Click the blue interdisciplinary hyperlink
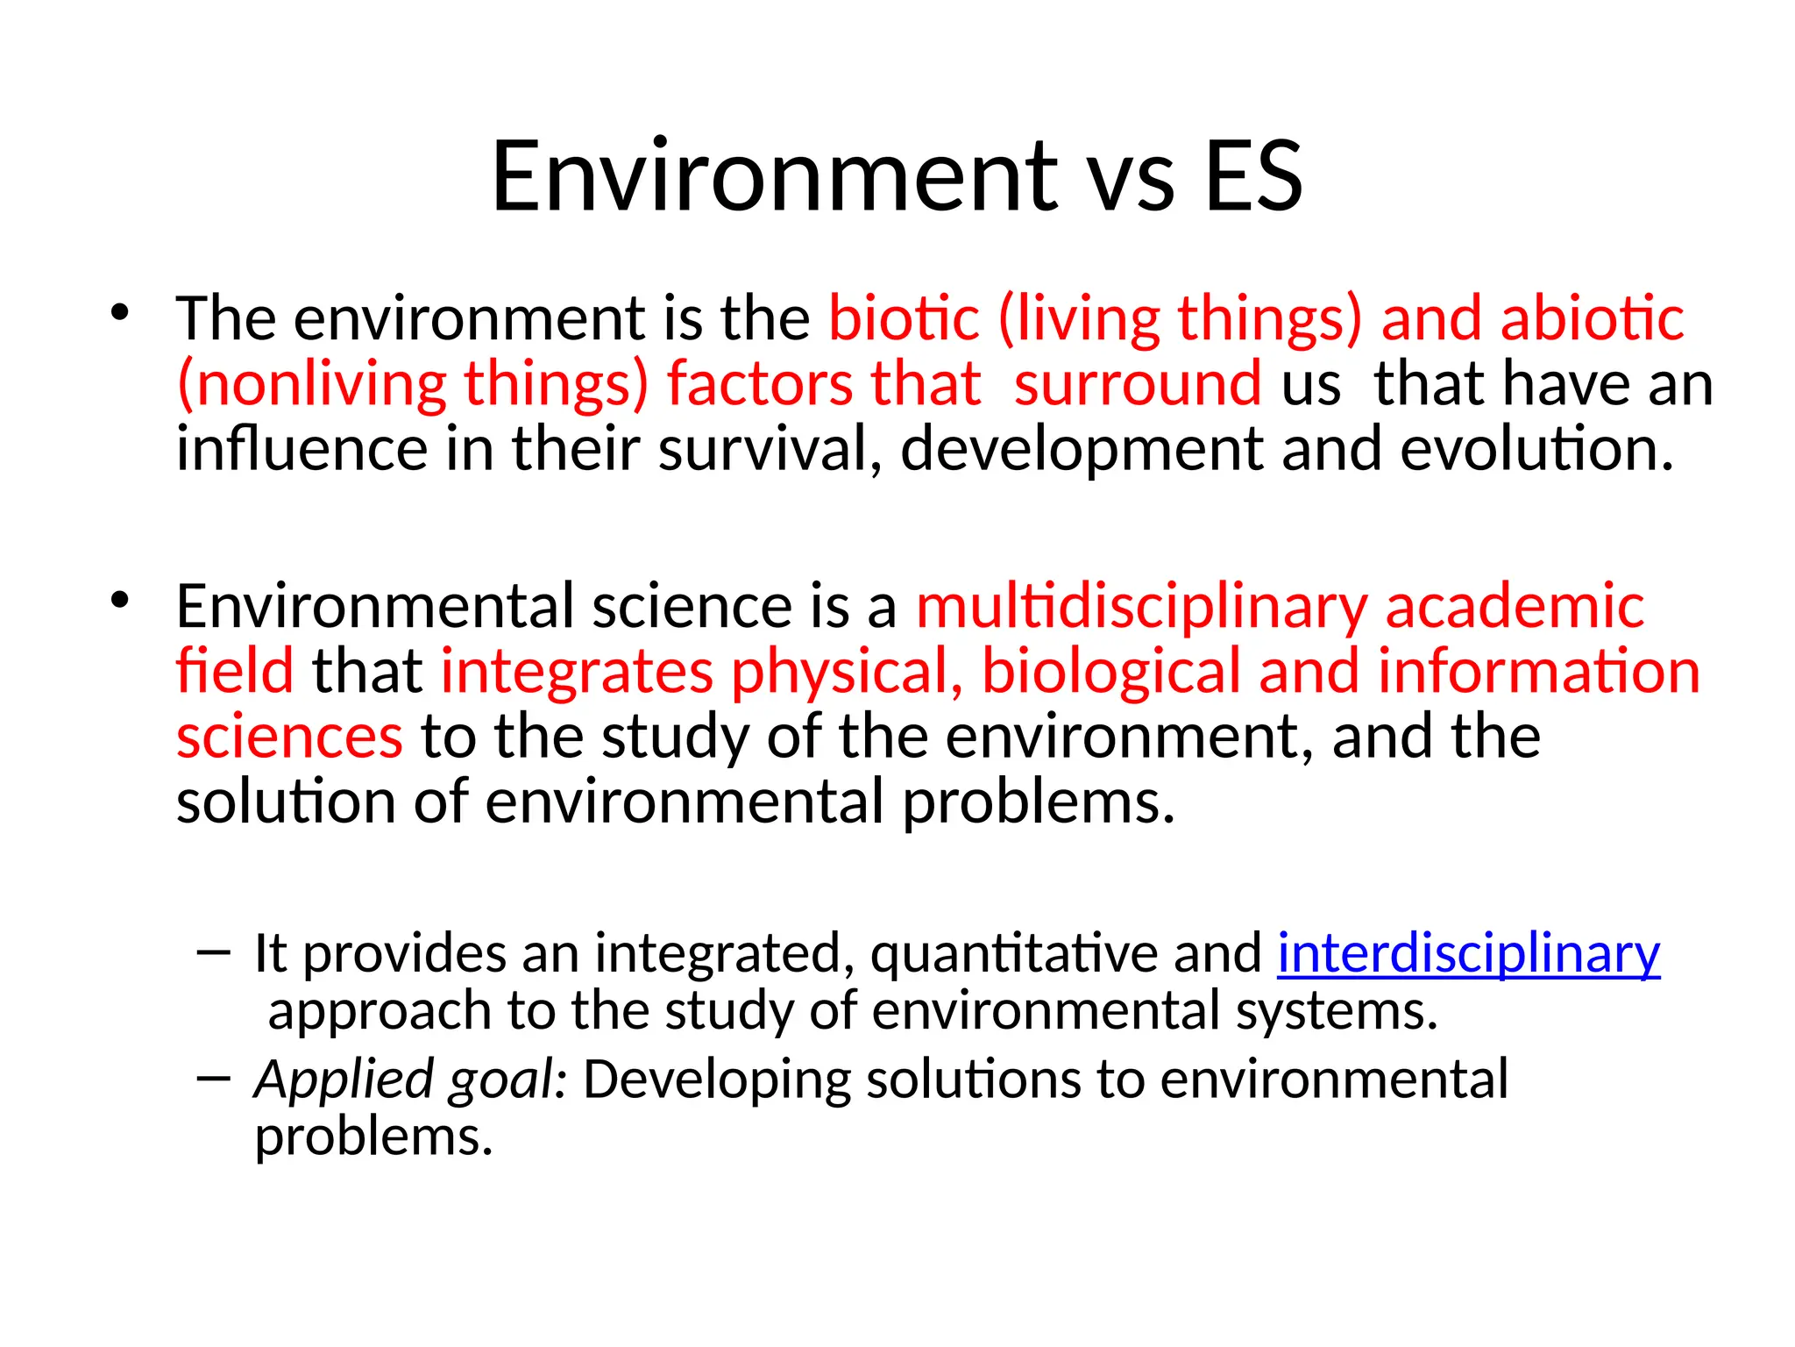click(1468, 953)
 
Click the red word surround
click(1138, 384)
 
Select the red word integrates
click(577, 672)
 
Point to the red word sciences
click(289, 737)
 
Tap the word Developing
click(717, 1079)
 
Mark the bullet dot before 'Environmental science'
click(120, 601)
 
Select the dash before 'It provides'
click(215, 951)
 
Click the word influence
click(302, 448)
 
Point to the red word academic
click(1514, 607)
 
